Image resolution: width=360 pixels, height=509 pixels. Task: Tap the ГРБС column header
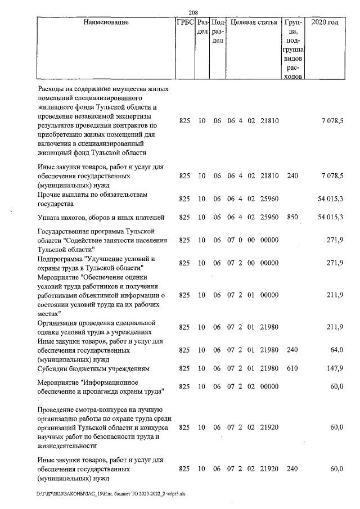[x=184, y=23]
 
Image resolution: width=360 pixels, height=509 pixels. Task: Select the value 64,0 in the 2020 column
[x=336, y=350]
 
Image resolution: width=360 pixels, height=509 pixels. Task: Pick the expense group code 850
[x=291, y=217]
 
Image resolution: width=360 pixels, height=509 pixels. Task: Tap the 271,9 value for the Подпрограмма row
[x=335, y=263]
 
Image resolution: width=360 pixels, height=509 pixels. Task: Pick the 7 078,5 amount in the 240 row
[x=332, y=175]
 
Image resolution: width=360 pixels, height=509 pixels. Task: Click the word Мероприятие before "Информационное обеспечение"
[x=58, y=382]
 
